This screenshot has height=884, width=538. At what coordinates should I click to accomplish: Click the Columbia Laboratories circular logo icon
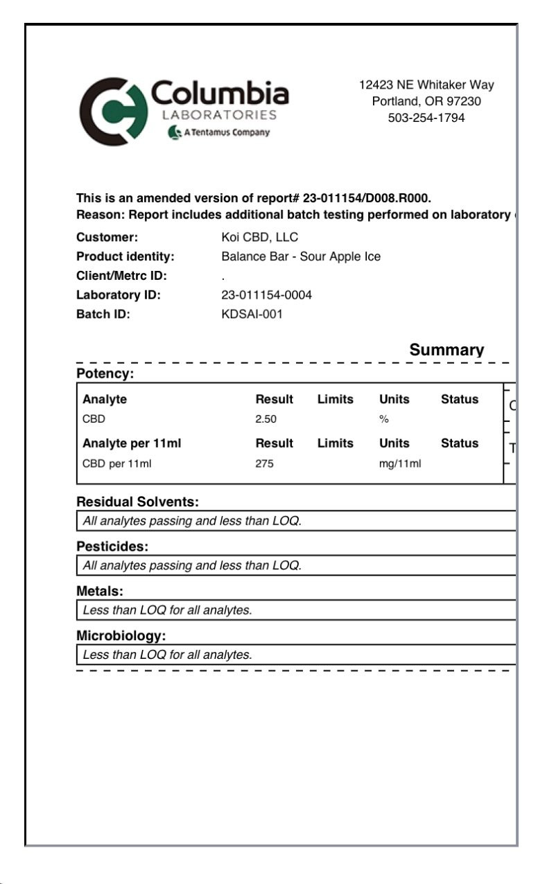click(110, 112)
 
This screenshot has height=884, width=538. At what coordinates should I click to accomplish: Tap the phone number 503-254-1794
click(426, 118)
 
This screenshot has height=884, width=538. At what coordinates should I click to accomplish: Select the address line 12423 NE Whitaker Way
click(426, 85)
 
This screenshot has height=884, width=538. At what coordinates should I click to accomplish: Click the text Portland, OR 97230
click(426, 101)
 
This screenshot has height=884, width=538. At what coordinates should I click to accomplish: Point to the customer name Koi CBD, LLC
click(259, 237)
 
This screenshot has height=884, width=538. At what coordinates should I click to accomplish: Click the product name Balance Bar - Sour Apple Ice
click(301, 256)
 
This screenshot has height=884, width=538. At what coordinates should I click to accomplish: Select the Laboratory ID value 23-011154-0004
click(266, 295)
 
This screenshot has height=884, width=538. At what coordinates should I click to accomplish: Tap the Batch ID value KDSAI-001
click(252, 314)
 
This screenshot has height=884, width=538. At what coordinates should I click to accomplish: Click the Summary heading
click(446, 350)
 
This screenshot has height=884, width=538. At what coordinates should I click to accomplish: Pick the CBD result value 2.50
click(266, 419)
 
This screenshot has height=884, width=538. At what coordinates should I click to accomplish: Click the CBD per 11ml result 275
click(264, 463)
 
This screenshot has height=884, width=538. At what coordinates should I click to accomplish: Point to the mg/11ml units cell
click(399, 463)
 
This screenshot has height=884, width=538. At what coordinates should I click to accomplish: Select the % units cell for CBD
click(384, 419)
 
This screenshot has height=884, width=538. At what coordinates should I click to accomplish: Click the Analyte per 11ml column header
click(132, 443)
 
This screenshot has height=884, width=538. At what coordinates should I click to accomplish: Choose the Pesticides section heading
click(112, 547)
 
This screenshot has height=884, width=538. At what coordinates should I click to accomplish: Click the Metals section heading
click(100, 591)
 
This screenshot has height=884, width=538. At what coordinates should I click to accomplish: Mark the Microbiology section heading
click(121, 635)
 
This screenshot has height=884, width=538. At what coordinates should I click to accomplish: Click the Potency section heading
click(105, 374)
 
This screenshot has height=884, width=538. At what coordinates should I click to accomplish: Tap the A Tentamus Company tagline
click(219, 132)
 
